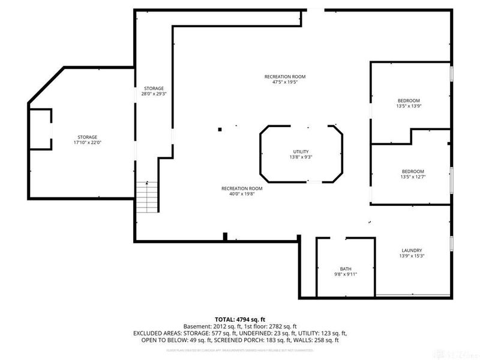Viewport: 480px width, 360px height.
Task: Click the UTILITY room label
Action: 302,151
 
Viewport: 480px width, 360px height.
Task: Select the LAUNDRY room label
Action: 412,250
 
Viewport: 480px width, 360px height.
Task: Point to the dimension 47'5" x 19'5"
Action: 285,82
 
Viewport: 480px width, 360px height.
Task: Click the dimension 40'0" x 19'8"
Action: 241,194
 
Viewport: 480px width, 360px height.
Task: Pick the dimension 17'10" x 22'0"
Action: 87,143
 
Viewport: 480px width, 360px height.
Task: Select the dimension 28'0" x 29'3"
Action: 153,94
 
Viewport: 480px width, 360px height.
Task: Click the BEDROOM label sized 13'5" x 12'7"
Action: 412,171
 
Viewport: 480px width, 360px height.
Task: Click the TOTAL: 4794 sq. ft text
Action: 240,319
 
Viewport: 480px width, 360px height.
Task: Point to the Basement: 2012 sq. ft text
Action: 211,326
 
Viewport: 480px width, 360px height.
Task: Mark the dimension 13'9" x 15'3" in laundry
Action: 412,256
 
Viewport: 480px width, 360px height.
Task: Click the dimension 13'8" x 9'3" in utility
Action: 302,157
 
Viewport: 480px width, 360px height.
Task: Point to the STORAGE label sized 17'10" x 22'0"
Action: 87,137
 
